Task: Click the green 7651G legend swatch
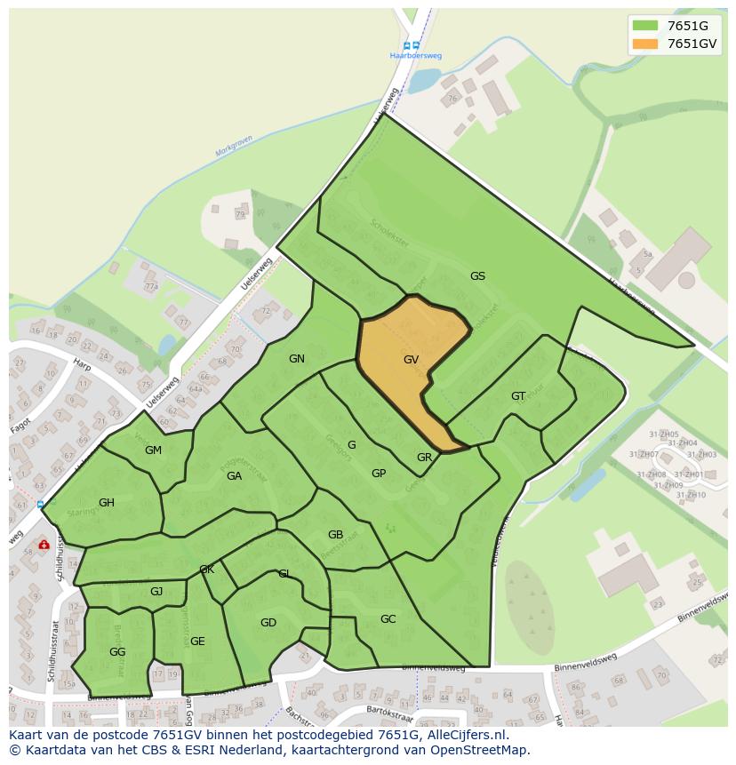pos(645,26)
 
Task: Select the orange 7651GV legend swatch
pos(645,44)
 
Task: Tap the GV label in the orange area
pos(411,360)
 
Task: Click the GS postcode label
pos(477,276)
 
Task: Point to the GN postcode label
pos(297,359)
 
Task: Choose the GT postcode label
pos(518,396)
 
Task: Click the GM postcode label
pos(153,450)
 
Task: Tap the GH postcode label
pos(107,503)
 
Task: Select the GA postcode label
pos(234,476)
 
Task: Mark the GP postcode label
pos(379,474)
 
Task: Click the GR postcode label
pos(424,458)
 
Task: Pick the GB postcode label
pos(335,535)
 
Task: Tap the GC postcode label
pos(388,619)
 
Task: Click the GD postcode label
pos(268,623)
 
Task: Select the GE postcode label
pos(197,641)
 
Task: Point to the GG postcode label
pos(117,652)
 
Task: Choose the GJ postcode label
pos(156,592)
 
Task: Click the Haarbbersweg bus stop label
pos(416,56)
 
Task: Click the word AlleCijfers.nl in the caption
pos(465,735)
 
